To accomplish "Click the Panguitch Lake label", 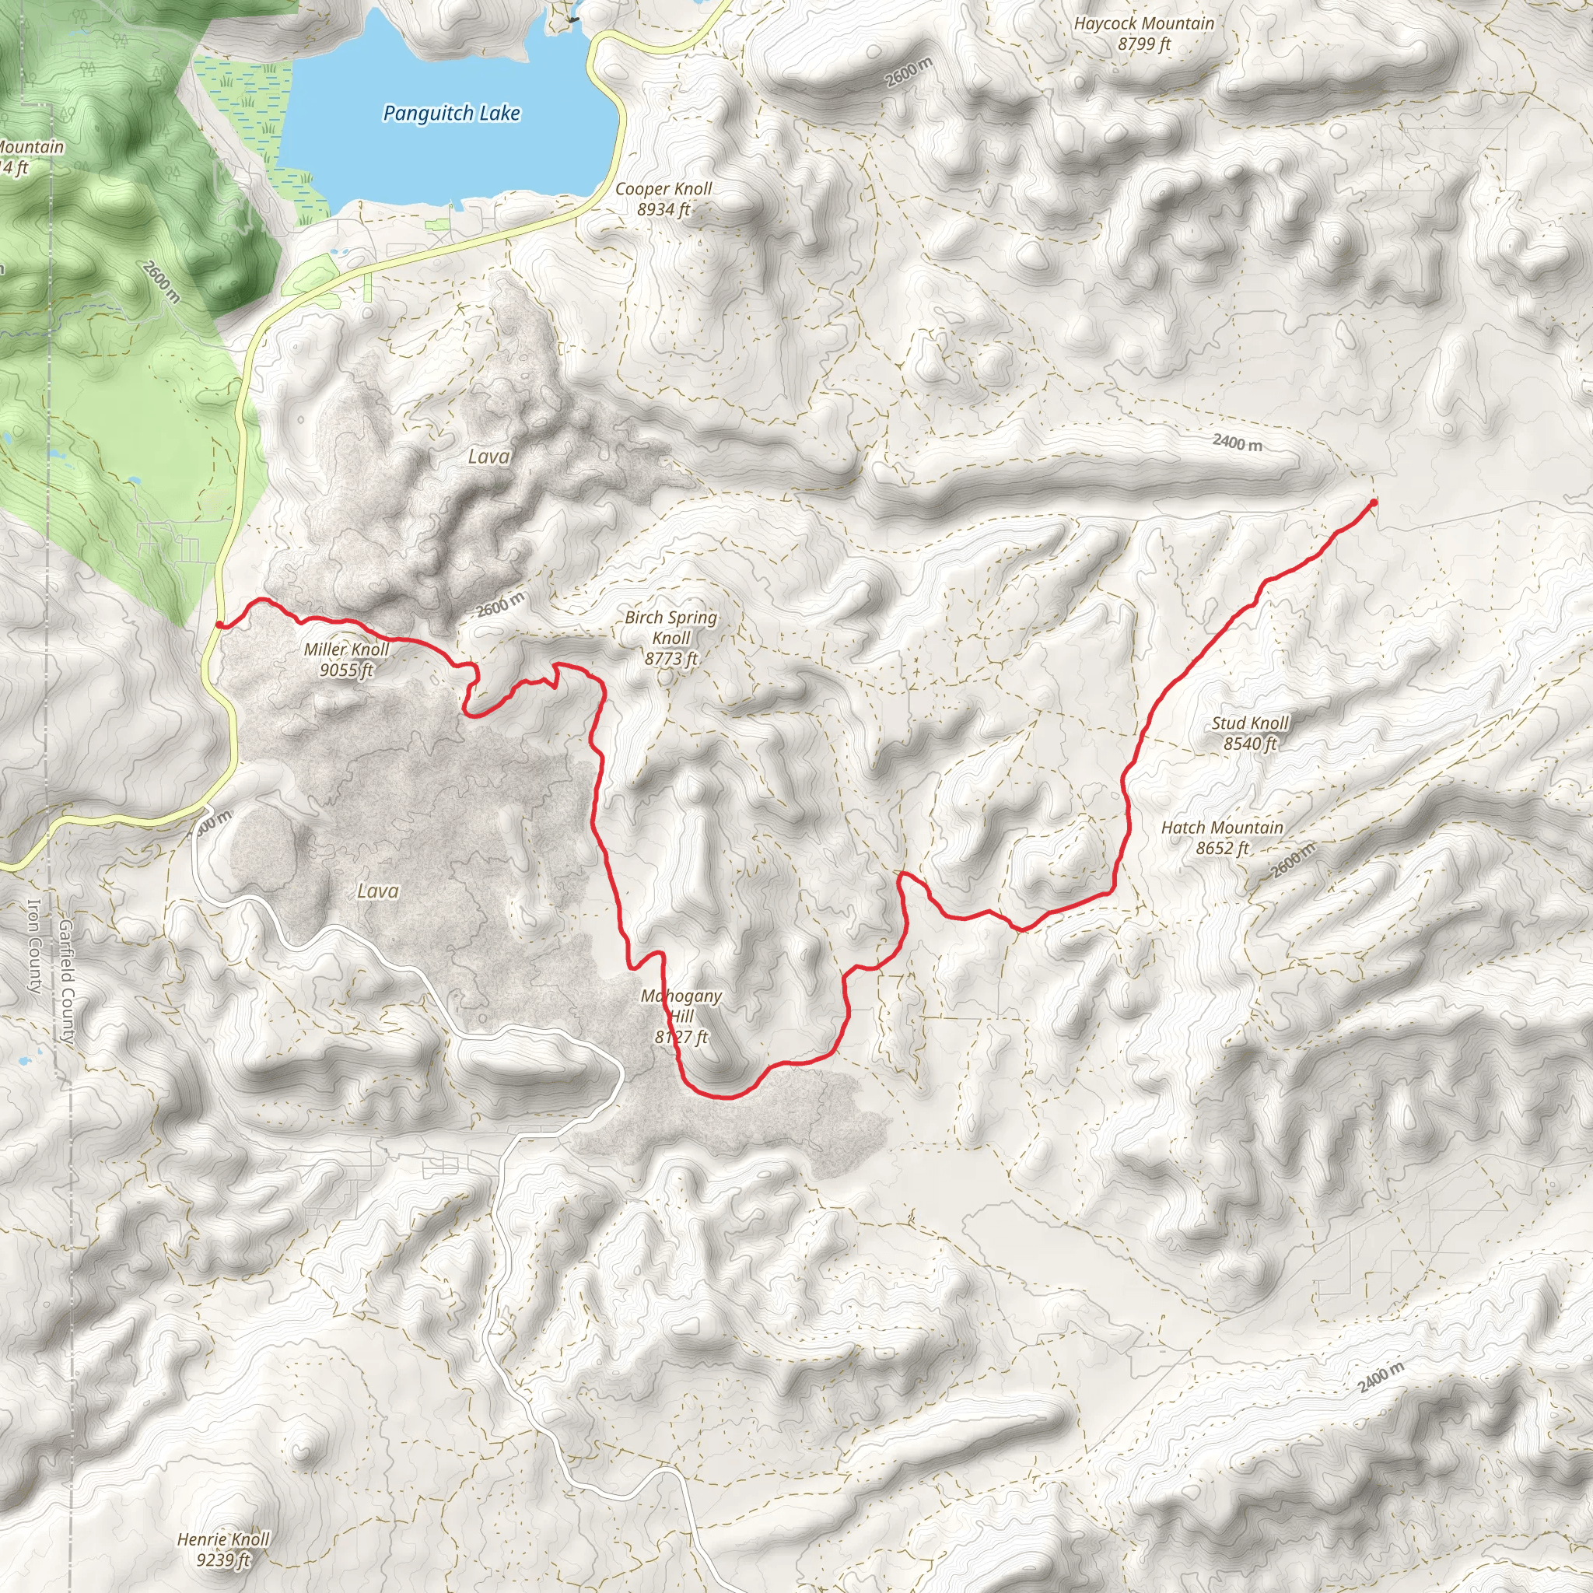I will tap(451, 113).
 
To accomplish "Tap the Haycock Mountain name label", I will tap(1143, 24).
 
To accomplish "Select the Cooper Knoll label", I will tap(663, 189).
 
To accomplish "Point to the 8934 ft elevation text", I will tap(663, 209).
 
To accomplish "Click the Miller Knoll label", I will tap(346, 649).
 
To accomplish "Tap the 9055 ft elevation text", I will tap(346, 670).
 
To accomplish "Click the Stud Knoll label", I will tap(1250, 723).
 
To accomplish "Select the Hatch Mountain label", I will tap(1222, 827).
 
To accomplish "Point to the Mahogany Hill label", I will tap(681, 1006).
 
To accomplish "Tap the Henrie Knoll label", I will tap(223, 1539).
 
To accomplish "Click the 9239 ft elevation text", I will tap(223, 1560).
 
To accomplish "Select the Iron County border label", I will tap(35, 947).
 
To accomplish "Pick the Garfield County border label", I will tap(67, 982).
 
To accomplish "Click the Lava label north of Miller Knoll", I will tap(489, 456).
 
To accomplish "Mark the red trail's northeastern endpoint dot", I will tap(1373, 502).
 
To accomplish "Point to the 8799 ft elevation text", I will tap(1143, 44).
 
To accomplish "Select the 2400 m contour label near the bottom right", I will tap(1381, 1378).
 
